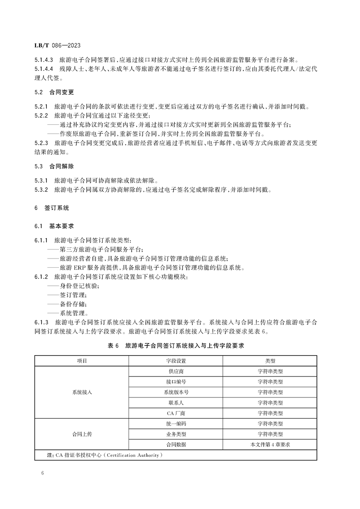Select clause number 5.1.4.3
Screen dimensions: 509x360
click(44, 59)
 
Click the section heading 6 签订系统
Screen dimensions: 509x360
click(52, 208)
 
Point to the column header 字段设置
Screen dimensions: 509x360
click(176, 361)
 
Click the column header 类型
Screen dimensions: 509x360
click(270, 361)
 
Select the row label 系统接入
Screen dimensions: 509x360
click(82, 392)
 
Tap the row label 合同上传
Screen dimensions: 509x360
click(82, 434)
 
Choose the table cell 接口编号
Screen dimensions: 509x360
click(176, 382)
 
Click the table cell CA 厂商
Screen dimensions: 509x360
click(176, 413)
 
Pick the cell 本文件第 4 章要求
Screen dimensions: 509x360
click(270, 445)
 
